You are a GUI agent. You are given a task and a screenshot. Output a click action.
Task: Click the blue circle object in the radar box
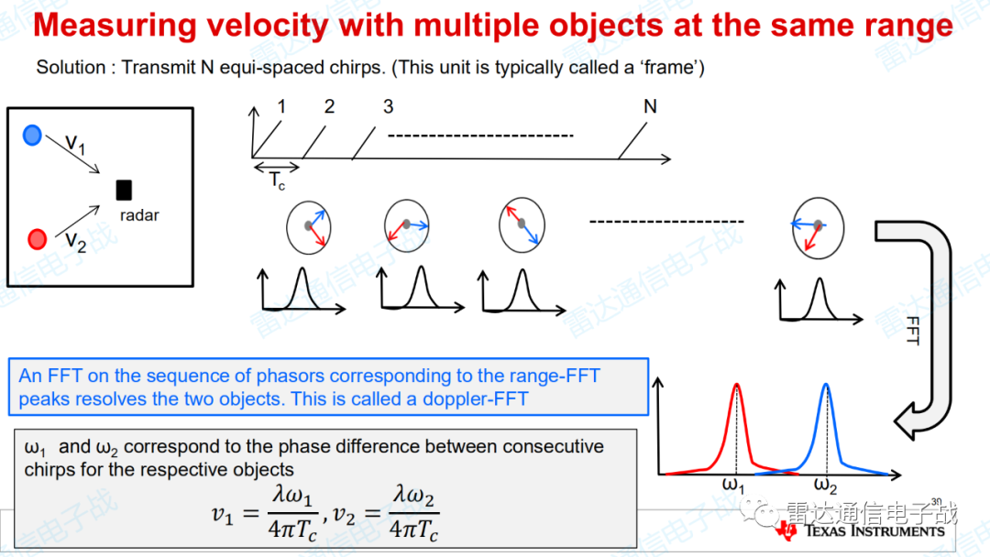click(x=32, y=135)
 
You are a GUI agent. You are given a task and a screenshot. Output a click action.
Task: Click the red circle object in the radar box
click(x=38, y=239)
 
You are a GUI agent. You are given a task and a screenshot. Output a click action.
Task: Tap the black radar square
click(x=124, y=190)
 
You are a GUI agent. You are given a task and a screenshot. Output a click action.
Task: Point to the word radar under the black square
click(x=139, y=215)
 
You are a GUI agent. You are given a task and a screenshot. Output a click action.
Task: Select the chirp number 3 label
click(x=389, y=106)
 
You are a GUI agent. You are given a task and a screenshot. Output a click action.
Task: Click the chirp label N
click(x=650, y=106)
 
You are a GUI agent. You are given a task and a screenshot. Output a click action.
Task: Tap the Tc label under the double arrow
click(x=277, y=181)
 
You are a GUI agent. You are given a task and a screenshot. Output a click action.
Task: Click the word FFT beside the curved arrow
click(x=912, y=331)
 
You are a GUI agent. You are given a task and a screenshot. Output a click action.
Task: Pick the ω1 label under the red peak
click(x=733, y=486)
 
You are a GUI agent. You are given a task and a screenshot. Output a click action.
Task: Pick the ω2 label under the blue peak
click(x=825, y=486)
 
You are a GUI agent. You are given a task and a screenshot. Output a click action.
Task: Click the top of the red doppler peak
click(x=736, y=384)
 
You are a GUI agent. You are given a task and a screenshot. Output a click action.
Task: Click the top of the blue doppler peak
click(x=826, y=384)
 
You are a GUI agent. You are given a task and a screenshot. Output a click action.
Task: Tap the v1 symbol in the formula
click(x=222, y=515)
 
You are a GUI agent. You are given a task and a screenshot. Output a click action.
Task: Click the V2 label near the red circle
click(x=76, y=242)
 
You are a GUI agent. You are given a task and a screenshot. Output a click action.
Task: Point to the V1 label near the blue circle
click(x=75, y=144)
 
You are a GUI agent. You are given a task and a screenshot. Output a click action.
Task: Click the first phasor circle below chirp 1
click(x=309, y=228)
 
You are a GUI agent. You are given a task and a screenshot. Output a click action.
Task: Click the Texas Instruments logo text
click(x=874, y=531)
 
